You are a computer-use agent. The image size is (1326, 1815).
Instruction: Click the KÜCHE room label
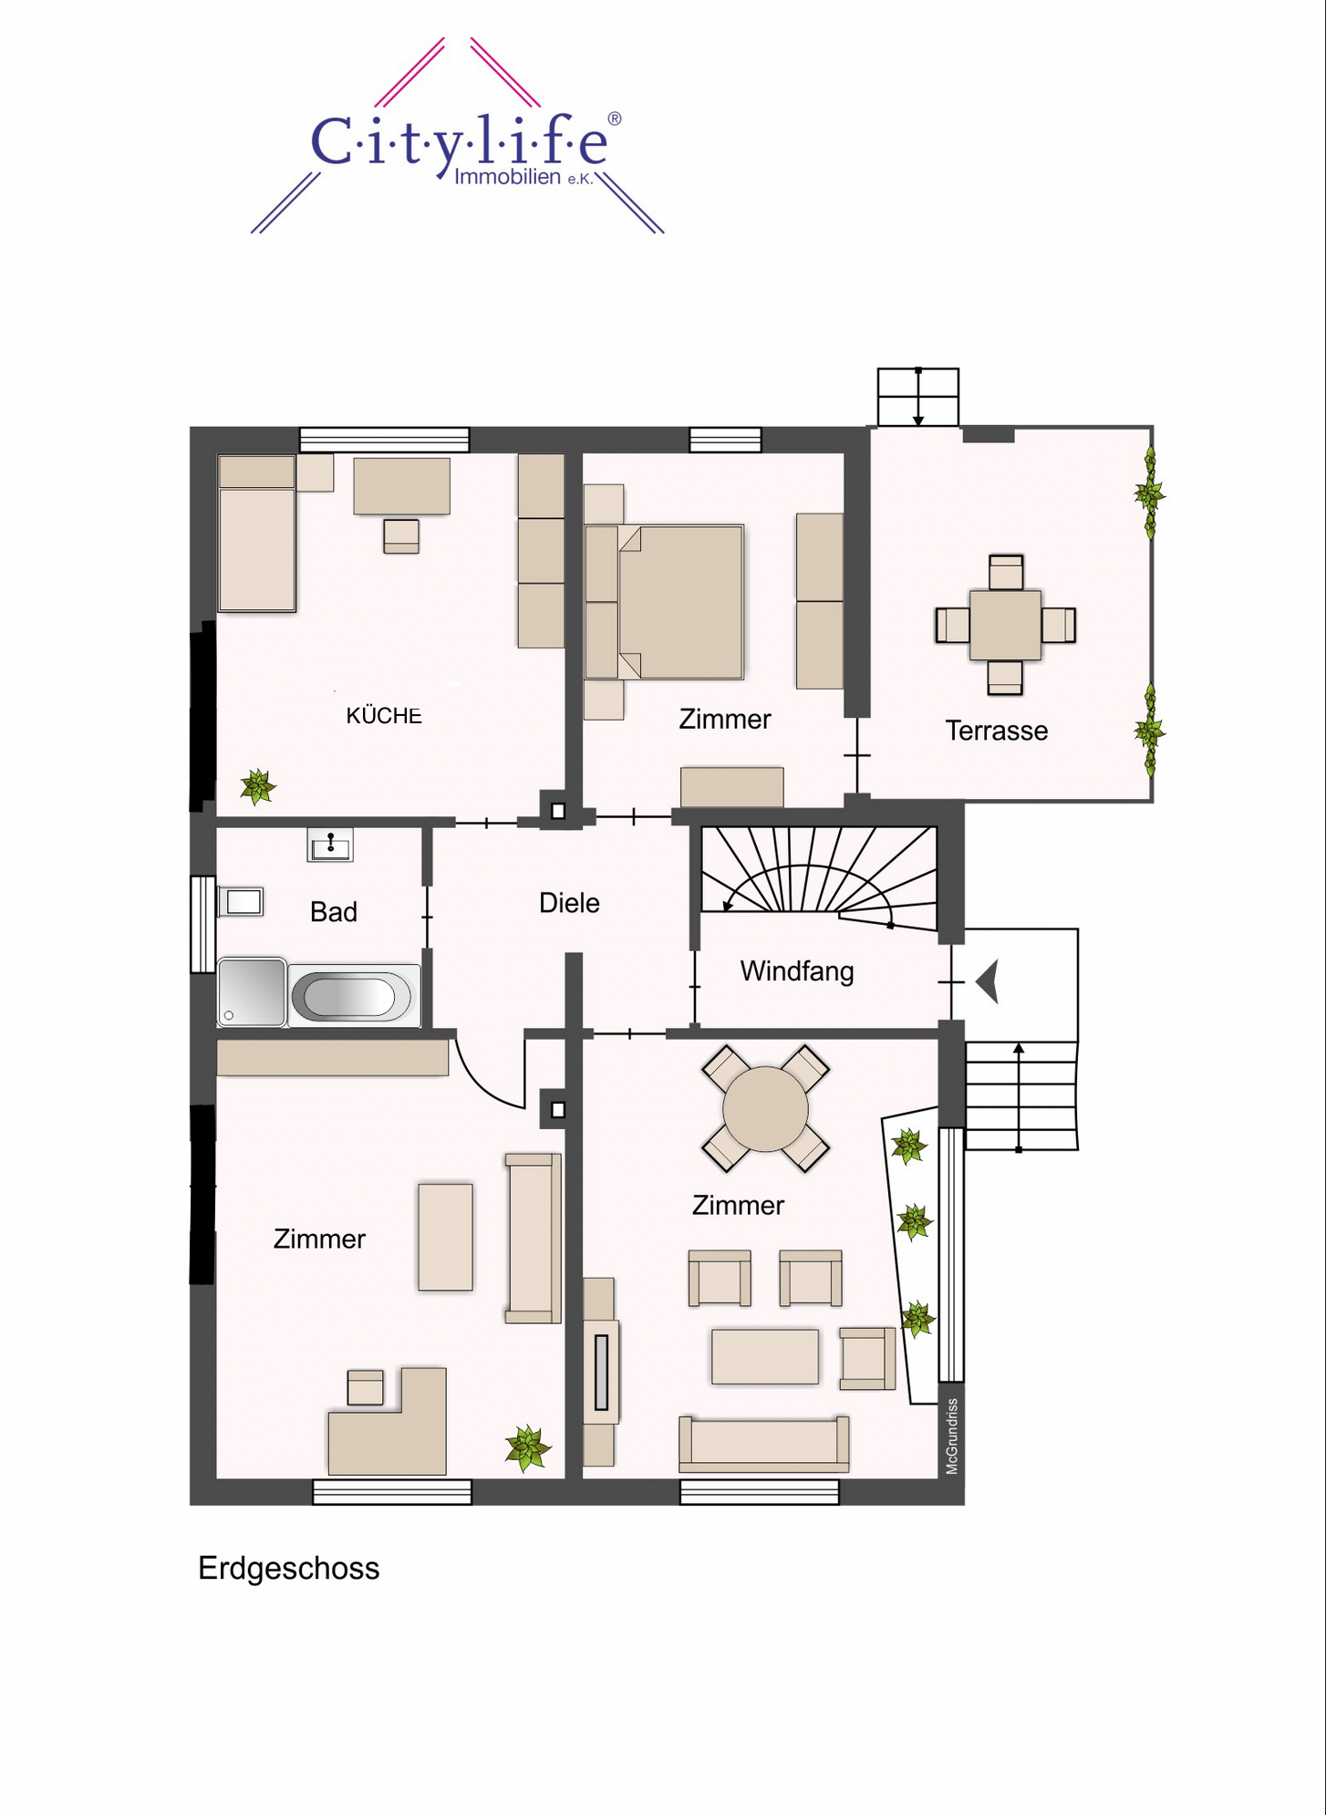pyautogui.click(x=384, y=716)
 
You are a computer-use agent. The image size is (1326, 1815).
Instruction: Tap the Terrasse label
pyautogui.click(x=996, y=731)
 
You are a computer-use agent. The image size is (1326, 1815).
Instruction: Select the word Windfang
pyautogui.click(x=797, y=971)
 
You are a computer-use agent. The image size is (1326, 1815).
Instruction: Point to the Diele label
pyautogui.click(x=569, y=903)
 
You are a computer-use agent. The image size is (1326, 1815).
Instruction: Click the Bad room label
pyautogui.click(x=333, y=911)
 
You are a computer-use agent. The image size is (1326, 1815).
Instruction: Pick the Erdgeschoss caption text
pyautogui.click(x=288, y=1569)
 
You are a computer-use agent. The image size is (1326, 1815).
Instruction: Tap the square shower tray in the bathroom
pyautogui.click(x=252, y=991)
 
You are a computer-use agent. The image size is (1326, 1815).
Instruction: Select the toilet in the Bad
pyautogui.click(x=241, y=902)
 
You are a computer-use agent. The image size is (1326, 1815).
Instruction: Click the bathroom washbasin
pyautogui.click(x=330, y=845)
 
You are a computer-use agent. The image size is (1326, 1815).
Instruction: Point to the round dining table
pyautogui.click(x=765, y=1109)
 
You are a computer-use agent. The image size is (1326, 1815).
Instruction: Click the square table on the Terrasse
pyautogui.click(x=1005, y=626)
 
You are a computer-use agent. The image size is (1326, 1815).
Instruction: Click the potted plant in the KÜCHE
pyautogui.click(x=258, y=786)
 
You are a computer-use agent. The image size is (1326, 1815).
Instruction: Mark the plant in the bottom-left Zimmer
pyautogui.click(x=528, y=1448)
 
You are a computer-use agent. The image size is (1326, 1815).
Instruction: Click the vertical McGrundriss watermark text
pyautogui.click(x=952, y=1436)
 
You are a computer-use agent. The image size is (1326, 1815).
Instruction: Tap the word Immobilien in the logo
pyautogui.click(x=507, y=177)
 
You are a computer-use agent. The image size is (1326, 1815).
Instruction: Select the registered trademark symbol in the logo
pyautogui.click(x=615, y=119)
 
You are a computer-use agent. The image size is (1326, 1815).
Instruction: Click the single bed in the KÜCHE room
pyautogui.click(x=257, y=534)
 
